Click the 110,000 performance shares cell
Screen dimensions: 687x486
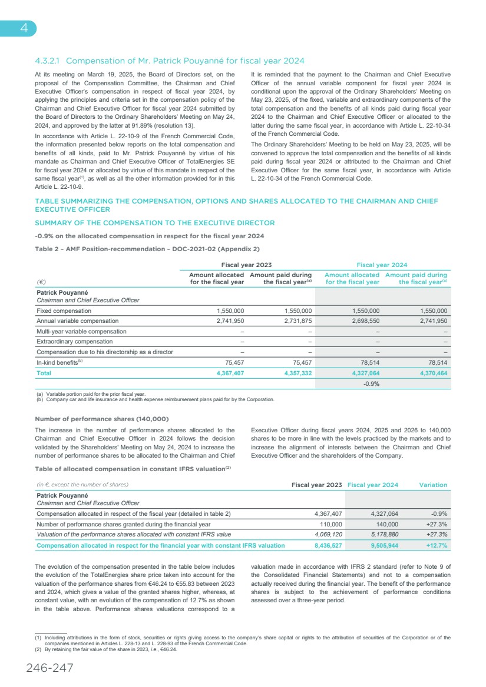pyautogui.click(x=329, y=523)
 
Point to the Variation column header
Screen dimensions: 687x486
pyautogui.click(x=433, y=485)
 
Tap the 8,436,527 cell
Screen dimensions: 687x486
pyautogui.click(x=329, y=545)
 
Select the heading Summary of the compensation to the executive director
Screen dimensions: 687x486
pyautogui.click(x=155, y=223)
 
